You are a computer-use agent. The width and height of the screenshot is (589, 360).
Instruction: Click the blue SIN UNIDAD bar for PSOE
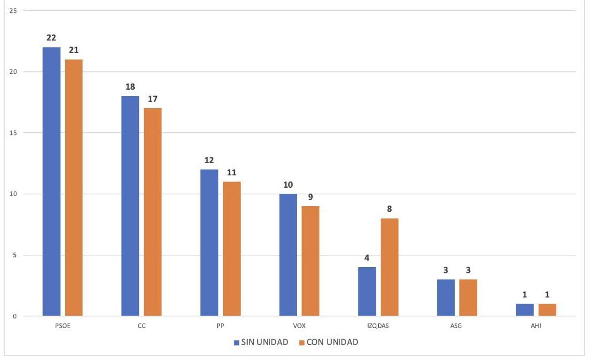tap(51, 182)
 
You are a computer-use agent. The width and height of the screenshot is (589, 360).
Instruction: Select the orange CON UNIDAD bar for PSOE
tap(74, 188)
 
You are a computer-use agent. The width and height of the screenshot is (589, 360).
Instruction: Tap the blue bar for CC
tap(130, 206)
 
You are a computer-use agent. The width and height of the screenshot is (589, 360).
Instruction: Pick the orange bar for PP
tap(232, 249)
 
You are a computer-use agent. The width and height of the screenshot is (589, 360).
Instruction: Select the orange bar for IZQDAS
tap(390, 267)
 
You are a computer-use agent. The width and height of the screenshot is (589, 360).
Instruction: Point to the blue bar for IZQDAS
tap(367, 291)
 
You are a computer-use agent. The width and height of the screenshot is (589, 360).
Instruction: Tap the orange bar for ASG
tap(469, 297)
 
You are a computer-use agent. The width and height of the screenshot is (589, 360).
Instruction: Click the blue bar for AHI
tap(525, 310)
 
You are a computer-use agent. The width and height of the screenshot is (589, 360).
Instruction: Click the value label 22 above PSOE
tap(51, 38)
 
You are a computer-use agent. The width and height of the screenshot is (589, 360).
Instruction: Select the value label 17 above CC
tap(153, 99)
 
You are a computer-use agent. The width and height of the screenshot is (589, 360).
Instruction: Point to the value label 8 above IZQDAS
tap(390, 209)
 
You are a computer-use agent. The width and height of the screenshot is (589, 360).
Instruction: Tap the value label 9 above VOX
tap(311, 197)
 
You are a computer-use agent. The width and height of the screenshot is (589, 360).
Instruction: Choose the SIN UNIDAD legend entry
tap(261, 342)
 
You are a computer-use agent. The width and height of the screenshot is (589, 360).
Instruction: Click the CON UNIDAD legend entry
tap(328, 342)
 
